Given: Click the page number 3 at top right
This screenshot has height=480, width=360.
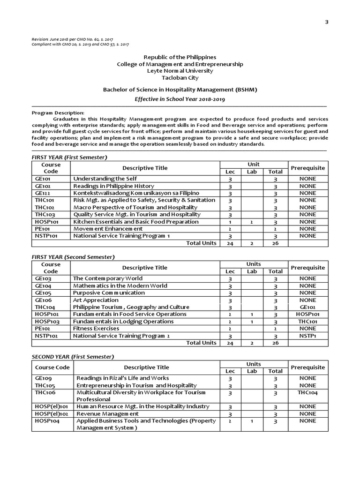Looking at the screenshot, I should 326,22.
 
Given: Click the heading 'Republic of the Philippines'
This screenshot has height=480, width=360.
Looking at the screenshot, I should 180,57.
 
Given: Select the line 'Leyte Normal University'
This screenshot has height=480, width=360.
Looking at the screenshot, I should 180,71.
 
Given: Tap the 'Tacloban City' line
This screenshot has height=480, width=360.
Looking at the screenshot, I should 180,77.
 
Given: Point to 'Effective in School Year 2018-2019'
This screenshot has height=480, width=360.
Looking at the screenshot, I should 180,99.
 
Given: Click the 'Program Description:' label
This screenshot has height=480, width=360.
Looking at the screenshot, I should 58,113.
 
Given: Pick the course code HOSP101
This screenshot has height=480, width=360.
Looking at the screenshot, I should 46,222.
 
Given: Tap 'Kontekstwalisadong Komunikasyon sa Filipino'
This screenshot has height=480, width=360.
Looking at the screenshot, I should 136,193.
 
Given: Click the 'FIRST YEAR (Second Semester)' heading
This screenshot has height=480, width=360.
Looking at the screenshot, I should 73,257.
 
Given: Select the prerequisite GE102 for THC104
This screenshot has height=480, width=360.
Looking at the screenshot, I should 307,307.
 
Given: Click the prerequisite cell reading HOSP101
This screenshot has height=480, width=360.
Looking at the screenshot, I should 307,314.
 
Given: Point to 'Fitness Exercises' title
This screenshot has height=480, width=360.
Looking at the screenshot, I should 96,329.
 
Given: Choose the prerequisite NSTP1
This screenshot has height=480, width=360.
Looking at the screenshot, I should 307,336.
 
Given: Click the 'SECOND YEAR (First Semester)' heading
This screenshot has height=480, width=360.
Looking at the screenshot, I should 73,357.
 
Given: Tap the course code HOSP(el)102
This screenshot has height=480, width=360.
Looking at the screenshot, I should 51,414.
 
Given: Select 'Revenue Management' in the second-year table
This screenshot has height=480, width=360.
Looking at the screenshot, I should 108,414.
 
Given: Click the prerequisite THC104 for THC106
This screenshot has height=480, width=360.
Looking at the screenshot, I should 307,392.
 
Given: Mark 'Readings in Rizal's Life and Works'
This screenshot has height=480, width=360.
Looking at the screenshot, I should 123,378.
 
